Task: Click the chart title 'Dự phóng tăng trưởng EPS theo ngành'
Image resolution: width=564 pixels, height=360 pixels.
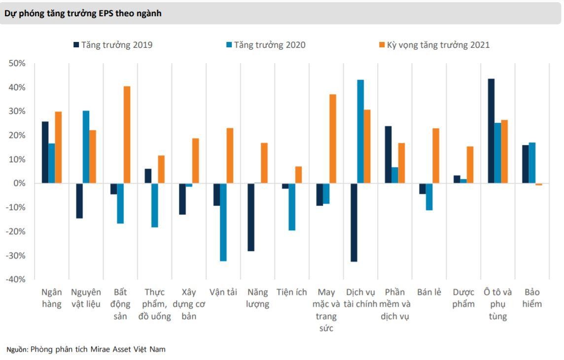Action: [x=83, y=14]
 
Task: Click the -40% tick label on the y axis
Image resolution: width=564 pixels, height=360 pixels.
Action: [x=16, y=279]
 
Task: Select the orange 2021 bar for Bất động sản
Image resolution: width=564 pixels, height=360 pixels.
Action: [x=127, y=135]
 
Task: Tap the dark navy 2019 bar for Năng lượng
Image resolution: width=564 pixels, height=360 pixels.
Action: [x=251, y=217]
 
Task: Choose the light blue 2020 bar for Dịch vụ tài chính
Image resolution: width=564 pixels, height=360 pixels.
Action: [x=360, y=131]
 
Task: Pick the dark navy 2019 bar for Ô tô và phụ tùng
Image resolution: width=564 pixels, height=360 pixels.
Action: [x=491, y=131]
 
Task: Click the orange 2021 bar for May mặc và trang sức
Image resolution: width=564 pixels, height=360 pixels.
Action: [x=333, y=139]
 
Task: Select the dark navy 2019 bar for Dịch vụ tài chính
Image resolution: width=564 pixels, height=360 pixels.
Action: [x=353, y=222]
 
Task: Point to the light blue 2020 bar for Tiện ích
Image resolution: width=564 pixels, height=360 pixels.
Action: [x=292, y=207]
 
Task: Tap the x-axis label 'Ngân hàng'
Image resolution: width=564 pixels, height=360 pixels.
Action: [x=51, y=298]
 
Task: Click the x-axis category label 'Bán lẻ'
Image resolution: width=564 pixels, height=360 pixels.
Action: [x=429, y=292]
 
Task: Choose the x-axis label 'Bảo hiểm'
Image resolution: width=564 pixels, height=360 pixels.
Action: [x=532, y=298]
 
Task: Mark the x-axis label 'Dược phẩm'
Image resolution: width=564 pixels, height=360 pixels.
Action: [x=463, y=298]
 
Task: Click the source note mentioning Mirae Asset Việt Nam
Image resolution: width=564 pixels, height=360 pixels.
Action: [x=86, y=349]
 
